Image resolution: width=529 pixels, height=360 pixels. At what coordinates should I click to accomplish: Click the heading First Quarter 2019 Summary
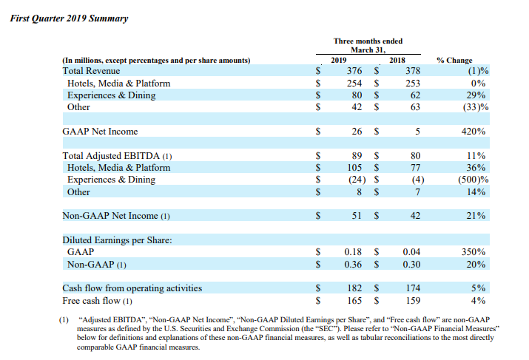pos(69,18)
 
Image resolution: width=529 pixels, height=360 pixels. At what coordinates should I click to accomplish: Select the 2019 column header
pos(338,60)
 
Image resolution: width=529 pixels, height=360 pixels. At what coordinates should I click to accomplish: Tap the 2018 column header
pos(397,60)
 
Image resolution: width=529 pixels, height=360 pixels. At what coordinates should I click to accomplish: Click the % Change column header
pos(454,61)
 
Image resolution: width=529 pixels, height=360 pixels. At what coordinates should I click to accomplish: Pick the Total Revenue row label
pos(91,71)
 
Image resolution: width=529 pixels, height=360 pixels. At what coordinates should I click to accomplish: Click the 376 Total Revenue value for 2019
pos(354,71)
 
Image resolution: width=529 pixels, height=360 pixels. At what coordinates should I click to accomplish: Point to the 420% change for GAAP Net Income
pos(474,132)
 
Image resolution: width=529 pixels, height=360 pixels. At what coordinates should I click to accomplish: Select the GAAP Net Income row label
pos(100,132)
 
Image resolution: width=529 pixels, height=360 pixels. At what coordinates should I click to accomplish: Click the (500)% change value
pos(473,180)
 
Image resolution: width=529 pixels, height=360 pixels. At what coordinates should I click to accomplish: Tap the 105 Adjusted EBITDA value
pos(354,168)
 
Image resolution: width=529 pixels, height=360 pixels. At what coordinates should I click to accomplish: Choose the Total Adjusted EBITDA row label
pos(117,156)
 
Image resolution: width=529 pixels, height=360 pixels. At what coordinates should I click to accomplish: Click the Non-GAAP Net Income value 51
pos(357,216)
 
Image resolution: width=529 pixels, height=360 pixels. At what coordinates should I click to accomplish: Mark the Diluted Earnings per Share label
pos(117,240)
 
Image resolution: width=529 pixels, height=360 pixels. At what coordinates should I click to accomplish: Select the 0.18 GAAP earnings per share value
pos(353,252)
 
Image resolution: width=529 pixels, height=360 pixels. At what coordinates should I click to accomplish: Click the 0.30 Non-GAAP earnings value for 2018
pos(411,265)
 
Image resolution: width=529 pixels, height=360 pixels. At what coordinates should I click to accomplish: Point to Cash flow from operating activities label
pos(132,288)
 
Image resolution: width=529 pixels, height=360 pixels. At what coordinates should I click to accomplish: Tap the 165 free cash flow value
pos(354,301)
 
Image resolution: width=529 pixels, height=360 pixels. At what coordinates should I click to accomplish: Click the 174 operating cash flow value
pos(413,288)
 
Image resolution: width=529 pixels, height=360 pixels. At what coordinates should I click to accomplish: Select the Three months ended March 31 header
pos(368,46)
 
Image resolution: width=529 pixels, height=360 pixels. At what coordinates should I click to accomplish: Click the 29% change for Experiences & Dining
pos(476,95)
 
